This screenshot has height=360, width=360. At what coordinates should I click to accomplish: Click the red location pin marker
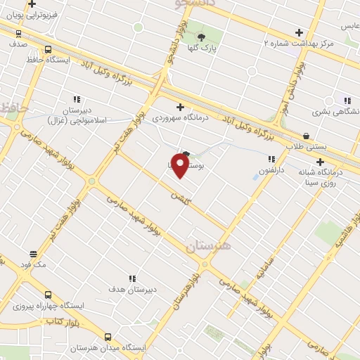180,165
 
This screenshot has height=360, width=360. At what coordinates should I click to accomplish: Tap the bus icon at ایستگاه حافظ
48,49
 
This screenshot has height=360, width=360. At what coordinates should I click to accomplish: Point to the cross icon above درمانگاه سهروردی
181,107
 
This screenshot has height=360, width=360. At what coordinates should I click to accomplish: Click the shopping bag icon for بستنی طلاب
305,136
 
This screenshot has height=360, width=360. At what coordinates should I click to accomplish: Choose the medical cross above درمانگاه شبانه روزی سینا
320,162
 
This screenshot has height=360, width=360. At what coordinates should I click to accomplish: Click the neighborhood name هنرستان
208,247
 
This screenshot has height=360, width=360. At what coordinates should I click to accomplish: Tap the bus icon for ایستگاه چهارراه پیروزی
48,295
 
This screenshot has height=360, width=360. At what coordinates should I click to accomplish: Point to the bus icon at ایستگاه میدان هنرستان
108,337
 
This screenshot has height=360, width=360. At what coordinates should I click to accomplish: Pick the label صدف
18,44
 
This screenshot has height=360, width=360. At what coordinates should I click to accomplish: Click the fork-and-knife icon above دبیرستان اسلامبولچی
76,99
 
